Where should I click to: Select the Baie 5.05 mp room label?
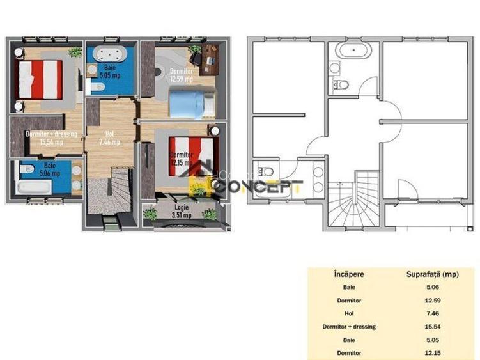[x=110, y=77]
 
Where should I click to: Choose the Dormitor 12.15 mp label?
[x=180, y=159]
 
